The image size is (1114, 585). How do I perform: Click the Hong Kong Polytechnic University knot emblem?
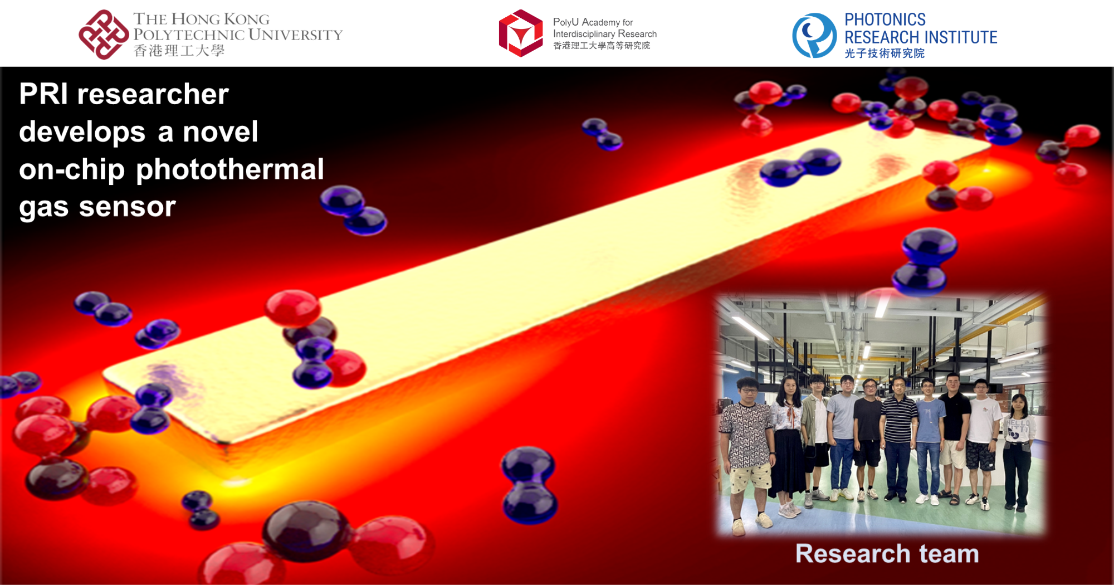pos(103,35)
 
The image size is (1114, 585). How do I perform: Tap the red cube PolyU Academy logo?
pos(520,33)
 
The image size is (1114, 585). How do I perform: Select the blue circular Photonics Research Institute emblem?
pos(814,36)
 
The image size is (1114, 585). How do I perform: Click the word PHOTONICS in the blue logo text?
pos(885,20)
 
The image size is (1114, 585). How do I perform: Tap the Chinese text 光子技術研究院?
pos(884,53)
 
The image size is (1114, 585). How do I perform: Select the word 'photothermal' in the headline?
pos(229,169)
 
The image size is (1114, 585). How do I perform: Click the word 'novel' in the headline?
pos(221,132)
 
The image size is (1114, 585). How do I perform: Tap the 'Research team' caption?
pos(887,554)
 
